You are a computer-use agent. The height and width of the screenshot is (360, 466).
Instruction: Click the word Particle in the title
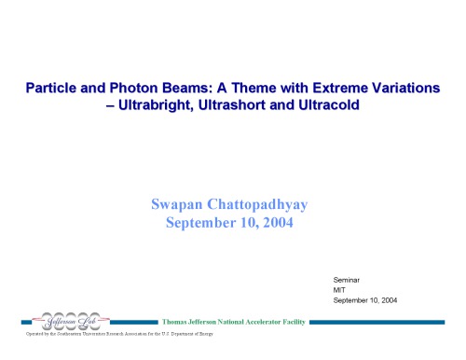(x=51, y=88)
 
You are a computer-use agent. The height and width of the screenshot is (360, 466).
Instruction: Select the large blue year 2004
(x=279, y=222)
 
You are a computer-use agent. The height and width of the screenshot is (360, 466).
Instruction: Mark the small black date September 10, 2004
(x=365, y=300)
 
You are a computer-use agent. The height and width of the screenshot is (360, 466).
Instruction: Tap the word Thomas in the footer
(x=181, y=322)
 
